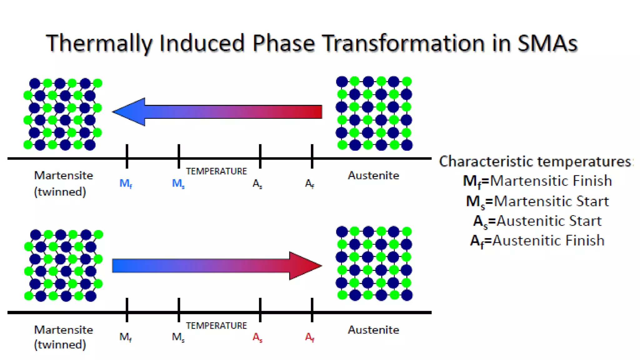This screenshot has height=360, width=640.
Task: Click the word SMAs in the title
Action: pos(547,43)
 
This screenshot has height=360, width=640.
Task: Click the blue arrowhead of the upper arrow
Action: pos(130,112)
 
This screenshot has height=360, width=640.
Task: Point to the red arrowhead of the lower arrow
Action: pos(304,266)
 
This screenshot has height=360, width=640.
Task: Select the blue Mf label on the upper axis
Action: pos(126,183)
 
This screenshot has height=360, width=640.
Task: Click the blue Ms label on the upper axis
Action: pos(178,183)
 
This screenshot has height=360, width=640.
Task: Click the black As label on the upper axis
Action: pos(257,183)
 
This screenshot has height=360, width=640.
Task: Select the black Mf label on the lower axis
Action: pos(126,337)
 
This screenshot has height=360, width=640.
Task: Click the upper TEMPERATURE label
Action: pos(216,171)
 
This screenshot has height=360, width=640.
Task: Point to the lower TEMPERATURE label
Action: pos(216,326)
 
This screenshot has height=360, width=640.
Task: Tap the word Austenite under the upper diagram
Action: pos(373,176)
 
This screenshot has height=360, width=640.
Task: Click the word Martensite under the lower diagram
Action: pos(63,330)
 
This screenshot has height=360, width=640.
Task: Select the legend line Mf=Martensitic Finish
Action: pos(537,181)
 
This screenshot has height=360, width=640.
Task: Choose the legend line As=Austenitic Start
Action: pos(537,221)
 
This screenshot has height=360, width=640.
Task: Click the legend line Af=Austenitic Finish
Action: pos(537,241)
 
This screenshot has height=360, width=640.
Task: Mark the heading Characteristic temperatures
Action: pos(535,162)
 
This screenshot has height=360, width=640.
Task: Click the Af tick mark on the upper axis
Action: pos(312,156)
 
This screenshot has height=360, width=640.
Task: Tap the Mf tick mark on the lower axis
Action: pos(127,310)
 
